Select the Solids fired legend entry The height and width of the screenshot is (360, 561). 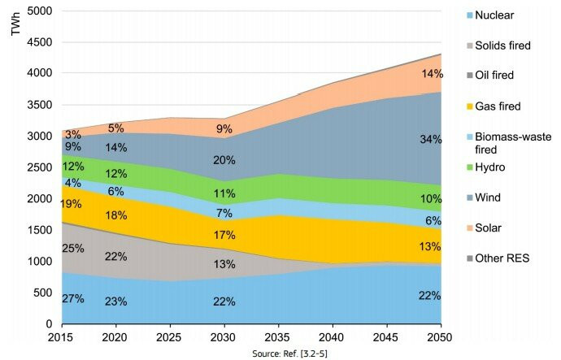513,46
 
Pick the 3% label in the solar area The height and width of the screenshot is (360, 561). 73,134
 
